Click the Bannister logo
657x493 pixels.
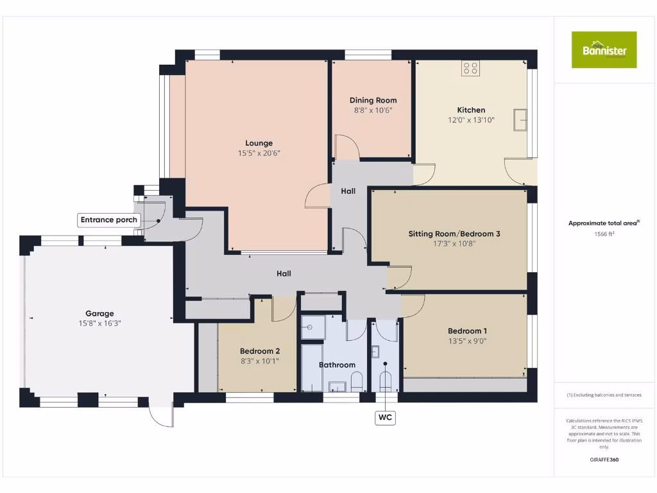[x=604, y=49]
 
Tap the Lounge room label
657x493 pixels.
[x=259, y=143]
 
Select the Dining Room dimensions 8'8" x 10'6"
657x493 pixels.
[x=373, y=110]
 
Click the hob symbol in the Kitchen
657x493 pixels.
[x=470, y=68]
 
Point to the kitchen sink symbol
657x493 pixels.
[x=520, y=119]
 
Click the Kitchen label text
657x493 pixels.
[x=471, y=110]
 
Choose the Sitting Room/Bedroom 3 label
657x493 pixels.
[x=454, y=234]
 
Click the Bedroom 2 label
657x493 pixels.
[x=260, y=351]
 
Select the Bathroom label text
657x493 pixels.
[x=337, y=365]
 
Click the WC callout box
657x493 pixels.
[x=385, y=418]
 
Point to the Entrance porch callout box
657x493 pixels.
[x=109, y=220]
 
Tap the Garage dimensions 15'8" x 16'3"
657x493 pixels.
[x=99, y=324]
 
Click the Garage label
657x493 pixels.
[x=99, y=314]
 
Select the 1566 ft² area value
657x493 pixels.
[x=604, y=234]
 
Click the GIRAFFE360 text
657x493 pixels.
[x=604, y=460]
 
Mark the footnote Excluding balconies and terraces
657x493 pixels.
[x=604, y=395]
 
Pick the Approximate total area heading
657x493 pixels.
[x=604, y=223]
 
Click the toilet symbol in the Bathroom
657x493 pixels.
[x=357, y=383]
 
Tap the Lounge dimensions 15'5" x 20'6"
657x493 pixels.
[x=259, y=153]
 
